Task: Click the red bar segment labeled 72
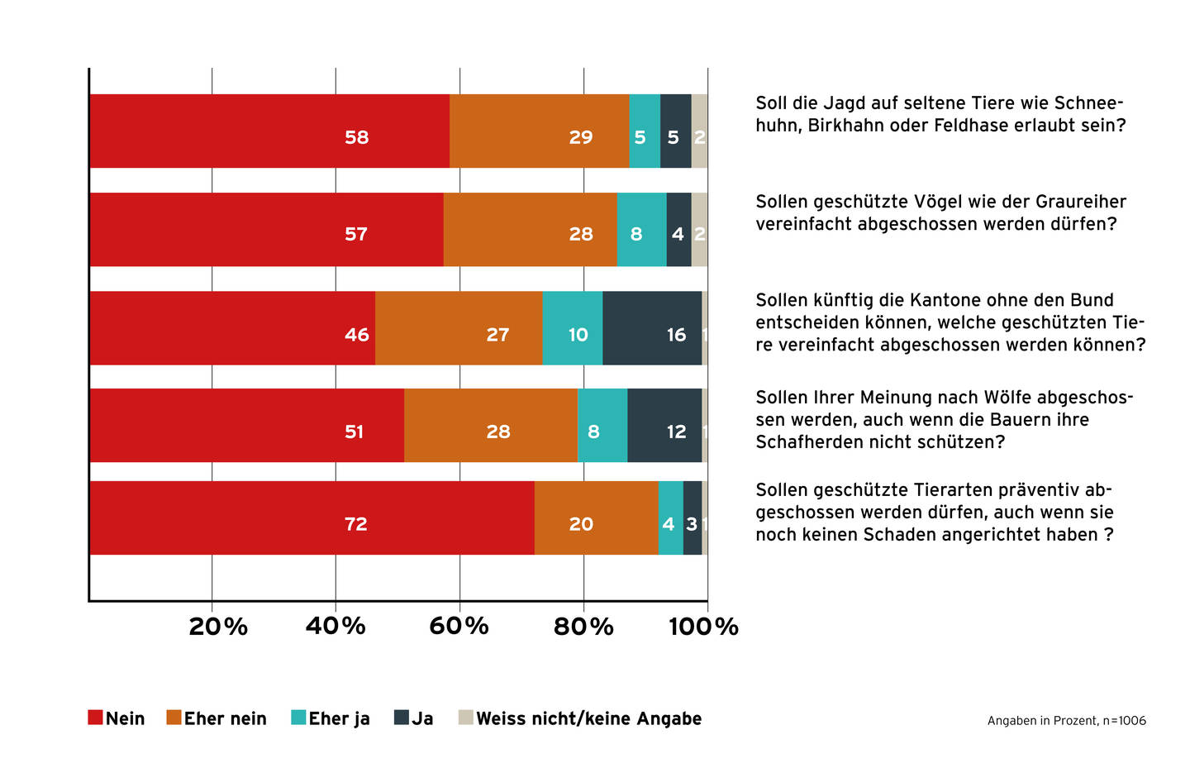point(312,518)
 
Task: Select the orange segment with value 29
point(539,131)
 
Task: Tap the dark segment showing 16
point(652,328)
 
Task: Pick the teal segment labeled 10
point(573,328)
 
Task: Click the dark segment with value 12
point(664,426)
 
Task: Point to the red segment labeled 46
point(232,328)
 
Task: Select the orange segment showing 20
point(596,518)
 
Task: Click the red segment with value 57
point(266,230)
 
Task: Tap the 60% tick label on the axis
point(459,627)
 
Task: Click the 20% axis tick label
point(218,627)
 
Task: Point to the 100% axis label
point(703,627)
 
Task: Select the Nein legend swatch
point(95,718)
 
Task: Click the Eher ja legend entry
point(330,718)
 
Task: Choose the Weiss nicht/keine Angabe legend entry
point(579,718)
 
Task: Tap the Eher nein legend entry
point(216,718)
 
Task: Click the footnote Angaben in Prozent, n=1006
point(1066,721)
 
